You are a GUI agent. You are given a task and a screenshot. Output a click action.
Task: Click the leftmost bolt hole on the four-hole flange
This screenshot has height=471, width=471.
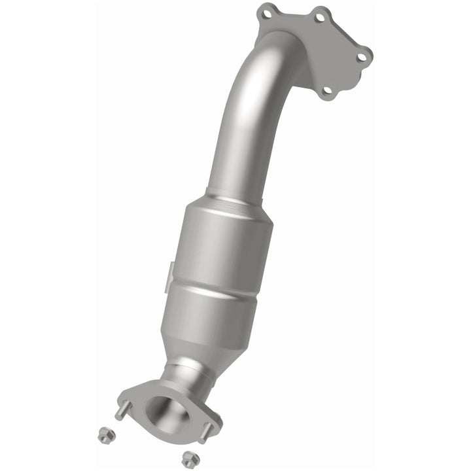coord(264,11)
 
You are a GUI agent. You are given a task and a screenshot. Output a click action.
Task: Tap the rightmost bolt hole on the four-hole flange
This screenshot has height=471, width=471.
coord(360,57)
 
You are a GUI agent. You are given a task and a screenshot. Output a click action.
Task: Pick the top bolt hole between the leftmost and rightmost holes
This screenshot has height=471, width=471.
coord(320,18)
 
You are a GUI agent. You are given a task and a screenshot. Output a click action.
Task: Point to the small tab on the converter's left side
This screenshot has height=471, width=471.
coord(171,270)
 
